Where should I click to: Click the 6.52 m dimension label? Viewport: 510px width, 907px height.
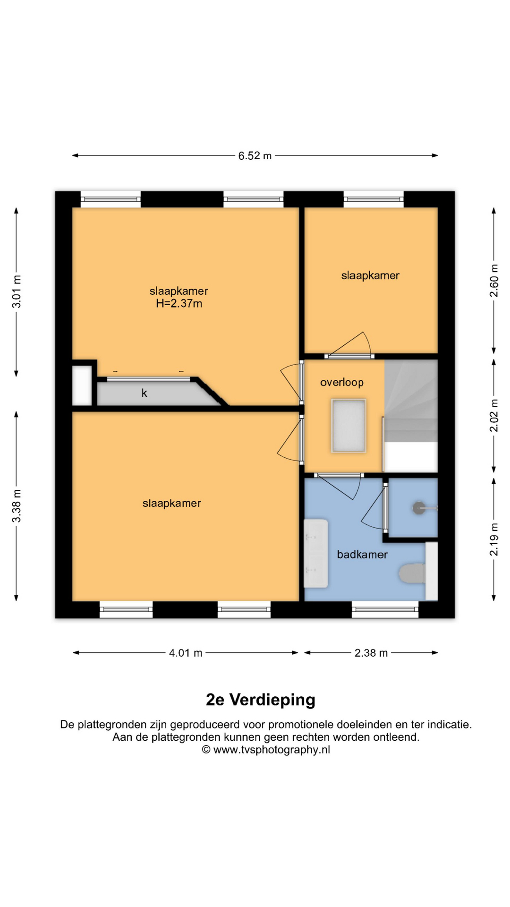(255, 156)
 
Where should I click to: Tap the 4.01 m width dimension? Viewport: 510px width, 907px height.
(186, 653)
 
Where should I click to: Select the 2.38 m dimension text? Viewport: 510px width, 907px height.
(371, 653)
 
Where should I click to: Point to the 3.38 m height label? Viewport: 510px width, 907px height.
(17, 506)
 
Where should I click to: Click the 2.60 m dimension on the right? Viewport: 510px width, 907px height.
(494, 281)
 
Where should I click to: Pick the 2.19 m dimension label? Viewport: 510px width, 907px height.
(494, 539)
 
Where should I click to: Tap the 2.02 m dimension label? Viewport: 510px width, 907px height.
(494, 416)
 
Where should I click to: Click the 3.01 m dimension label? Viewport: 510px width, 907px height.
(17, 291)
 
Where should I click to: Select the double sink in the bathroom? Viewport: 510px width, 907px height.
(316, 553)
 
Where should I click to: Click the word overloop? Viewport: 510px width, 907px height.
(342, 382)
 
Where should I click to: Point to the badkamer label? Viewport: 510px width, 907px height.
(362, 555)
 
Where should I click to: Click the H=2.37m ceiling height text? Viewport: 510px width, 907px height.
(179, 304)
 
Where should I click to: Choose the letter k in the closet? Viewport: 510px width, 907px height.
(144, 393)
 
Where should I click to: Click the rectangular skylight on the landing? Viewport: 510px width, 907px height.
(349, 426)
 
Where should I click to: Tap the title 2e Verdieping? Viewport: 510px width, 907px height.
(261, 700)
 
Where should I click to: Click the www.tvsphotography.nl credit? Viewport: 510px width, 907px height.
(272, 750)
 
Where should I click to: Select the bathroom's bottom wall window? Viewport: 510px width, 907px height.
(385, 609)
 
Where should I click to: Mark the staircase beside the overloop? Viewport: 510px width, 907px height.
(411, 416)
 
